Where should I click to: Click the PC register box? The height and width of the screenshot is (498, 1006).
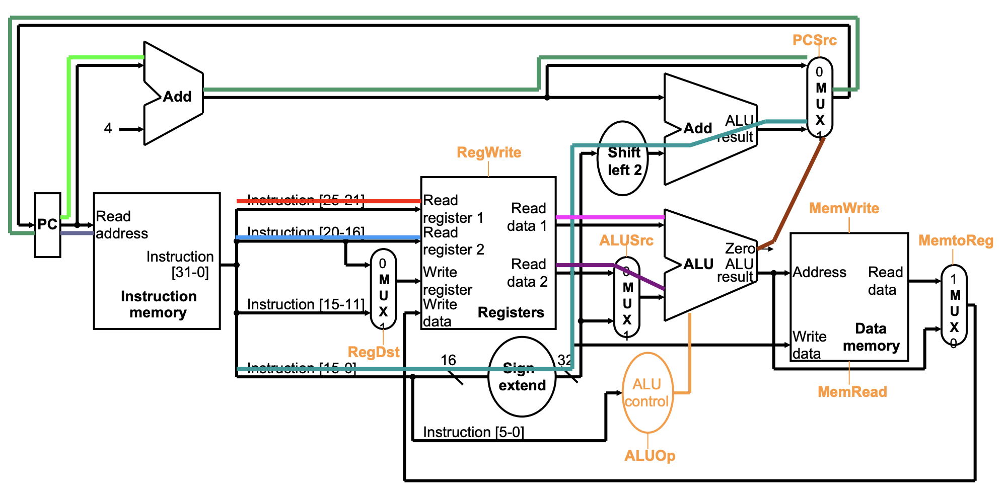pyautogui.click(x=47, y=225)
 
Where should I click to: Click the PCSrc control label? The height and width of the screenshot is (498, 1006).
pyautogui.click(x=814, y=40)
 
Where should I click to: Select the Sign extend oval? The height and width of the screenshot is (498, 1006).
pyautogui.click(x=522, y=377)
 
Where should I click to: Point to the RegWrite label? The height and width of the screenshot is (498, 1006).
pyautogui.click(x=488, y=152)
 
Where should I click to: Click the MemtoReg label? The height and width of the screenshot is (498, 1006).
pyautogui.click(x=955, y=240)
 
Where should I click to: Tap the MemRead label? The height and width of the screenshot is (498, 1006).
pyautogui.click(x=852, y=392)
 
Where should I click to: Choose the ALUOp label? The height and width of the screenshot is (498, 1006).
pyautogui.click(x=650, y=456)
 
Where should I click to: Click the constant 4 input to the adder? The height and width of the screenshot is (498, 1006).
pyautogui.click(x=108, y=129)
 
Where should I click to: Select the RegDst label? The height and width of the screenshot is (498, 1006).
pyautogui.click(x=373, y=352)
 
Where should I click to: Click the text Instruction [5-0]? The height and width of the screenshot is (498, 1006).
pyautogui.click(x=473, y=432)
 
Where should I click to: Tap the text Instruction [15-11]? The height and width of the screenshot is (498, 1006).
pyautogui.click(x=305, y=304)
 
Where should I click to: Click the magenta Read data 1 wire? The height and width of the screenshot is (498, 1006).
pyautogui.click(x=609, y=217)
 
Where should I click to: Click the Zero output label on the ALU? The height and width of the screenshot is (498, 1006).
pyautogui.click(x=740, y=248)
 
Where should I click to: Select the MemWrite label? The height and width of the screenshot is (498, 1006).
pyautogui.click(x=844, y=208)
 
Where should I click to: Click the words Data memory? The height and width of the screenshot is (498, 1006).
pyautogui.click(x=871, y=337)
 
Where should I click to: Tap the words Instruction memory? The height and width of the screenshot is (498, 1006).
pyautogui.click(x=158, y=304)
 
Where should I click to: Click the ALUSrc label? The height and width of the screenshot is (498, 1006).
pyautogui.click(x=626, y=240)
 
